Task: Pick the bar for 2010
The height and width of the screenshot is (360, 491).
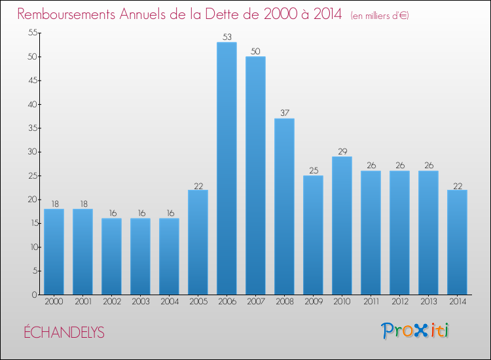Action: point(342,225)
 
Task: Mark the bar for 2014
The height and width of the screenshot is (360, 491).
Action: point(457,242)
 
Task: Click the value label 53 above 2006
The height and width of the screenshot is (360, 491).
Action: point(227,37)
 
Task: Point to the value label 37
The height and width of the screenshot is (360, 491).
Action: point(284,113)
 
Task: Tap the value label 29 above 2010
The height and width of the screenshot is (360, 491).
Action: point(342,151)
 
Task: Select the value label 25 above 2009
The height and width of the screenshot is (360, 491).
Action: point(313,170)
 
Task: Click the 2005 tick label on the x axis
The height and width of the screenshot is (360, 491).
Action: point(198,302)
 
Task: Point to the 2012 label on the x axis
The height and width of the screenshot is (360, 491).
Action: point(399,302)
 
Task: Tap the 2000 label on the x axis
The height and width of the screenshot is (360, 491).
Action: point(54,302)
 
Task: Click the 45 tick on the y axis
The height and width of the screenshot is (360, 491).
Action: point(31,81)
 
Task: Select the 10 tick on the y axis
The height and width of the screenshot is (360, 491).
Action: point(31,247)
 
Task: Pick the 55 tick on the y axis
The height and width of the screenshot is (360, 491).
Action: point(31,33)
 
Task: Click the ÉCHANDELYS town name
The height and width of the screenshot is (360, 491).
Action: point(64,332)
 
